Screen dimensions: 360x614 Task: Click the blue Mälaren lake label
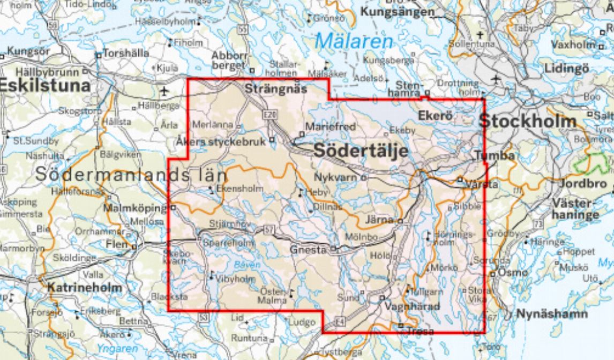pyautogui.click(x=354, y=41)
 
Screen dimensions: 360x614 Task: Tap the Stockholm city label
pyautogui.click(x=527, y=121)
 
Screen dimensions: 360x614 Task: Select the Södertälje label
pyautogui.click(x=360, y=151)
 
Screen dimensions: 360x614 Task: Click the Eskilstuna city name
pyautogui.click(x=45, y=85)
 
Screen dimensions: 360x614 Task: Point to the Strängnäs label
pyautogui.click(x=275, y=89)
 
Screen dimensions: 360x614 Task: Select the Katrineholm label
pyautogui.click(x=84, y=287)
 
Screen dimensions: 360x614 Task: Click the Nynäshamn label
pyautogui.click(x=552, y=314)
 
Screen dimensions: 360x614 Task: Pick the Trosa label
pyautogui.click(x=420, y=332)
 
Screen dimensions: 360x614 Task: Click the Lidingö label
pyautogui.click(x=566, y=68)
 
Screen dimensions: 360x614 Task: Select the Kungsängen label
pyautogui.click(x=397, y=11)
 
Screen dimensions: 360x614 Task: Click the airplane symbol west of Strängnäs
pyautogui.click(x=164, y=89)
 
